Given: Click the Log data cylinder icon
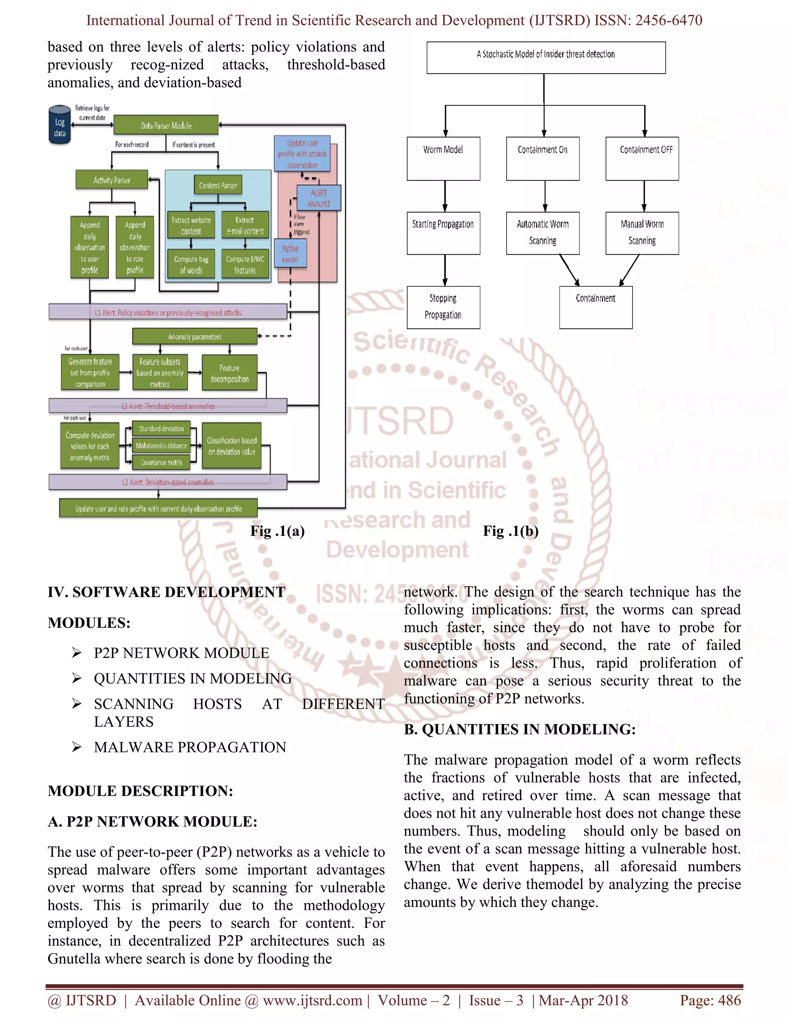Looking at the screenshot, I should tap(59, 124).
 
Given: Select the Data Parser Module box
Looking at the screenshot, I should tap(166, 125).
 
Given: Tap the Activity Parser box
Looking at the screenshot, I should tap(112, 180).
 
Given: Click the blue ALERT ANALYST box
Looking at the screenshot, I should tap(319, 198).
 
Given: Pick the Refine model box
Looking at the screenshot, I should tap(290, 254).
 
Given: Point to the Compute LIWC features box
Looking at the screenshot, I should tap(245, 264).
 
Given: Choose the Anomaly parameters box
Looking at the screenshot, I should tap(195, 336).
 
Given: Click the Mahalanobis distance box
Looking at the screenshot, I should tap(161, 446).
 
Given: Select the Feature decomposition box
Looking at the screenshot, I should tap(230, 373).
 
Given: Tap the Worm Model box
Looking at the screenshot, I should tap(443, 158).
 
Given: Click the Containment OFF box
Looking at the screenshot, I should tap(642, 158).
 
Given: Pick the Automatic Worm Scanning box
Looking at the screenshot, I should tap(543, 232).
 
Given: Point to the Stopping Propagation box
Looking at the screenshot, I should tap(443, 307).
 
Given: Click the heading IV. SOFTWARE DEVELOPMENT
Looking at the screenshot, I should tap(166, 592).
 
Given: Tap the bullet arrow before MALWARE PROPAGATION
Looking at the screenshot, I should tap(77, 747).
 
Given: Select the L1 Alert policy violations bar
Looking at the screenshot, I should tap(168, 313).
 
